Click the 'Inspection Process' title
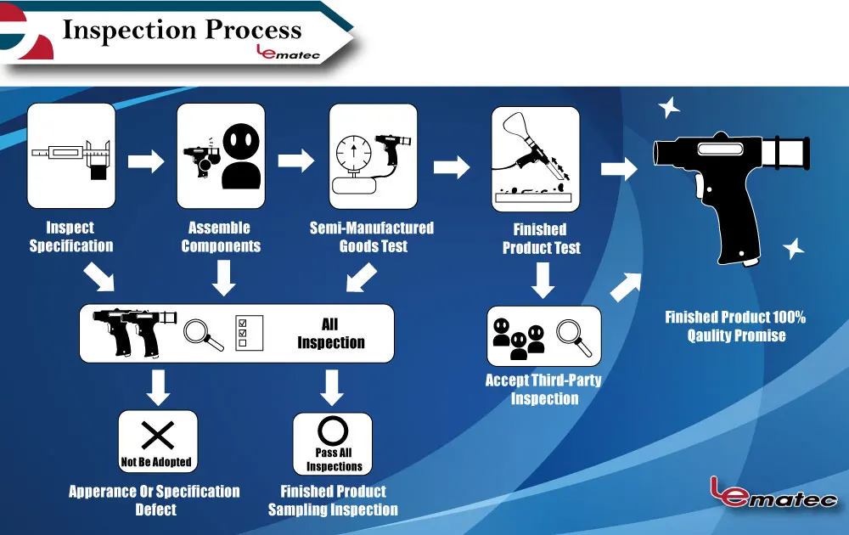click(182, 30)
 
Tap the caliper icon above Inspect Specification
click(71, 156)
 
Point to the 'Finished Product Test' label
click(541, 239)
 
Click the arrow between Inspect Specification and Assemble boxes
click(145, 160)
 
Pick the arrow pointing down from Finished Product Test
click(543, 279)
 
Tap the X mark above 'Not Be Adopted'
click(158, 435)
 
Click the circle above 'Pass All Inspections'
click(333, 430)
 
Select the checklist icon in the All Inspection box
click(250, 333)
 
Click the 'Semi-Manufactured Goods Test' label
click(372, 237)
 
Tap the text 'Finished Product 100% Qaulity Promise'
click(735, 326)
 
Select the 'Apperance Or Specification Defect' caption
click(155, 500)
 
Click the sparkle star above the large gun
click(669, 108)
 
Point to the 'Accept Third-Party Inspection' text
click(543, 389)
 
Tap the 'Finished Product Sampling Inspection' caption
click(333, 500)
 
